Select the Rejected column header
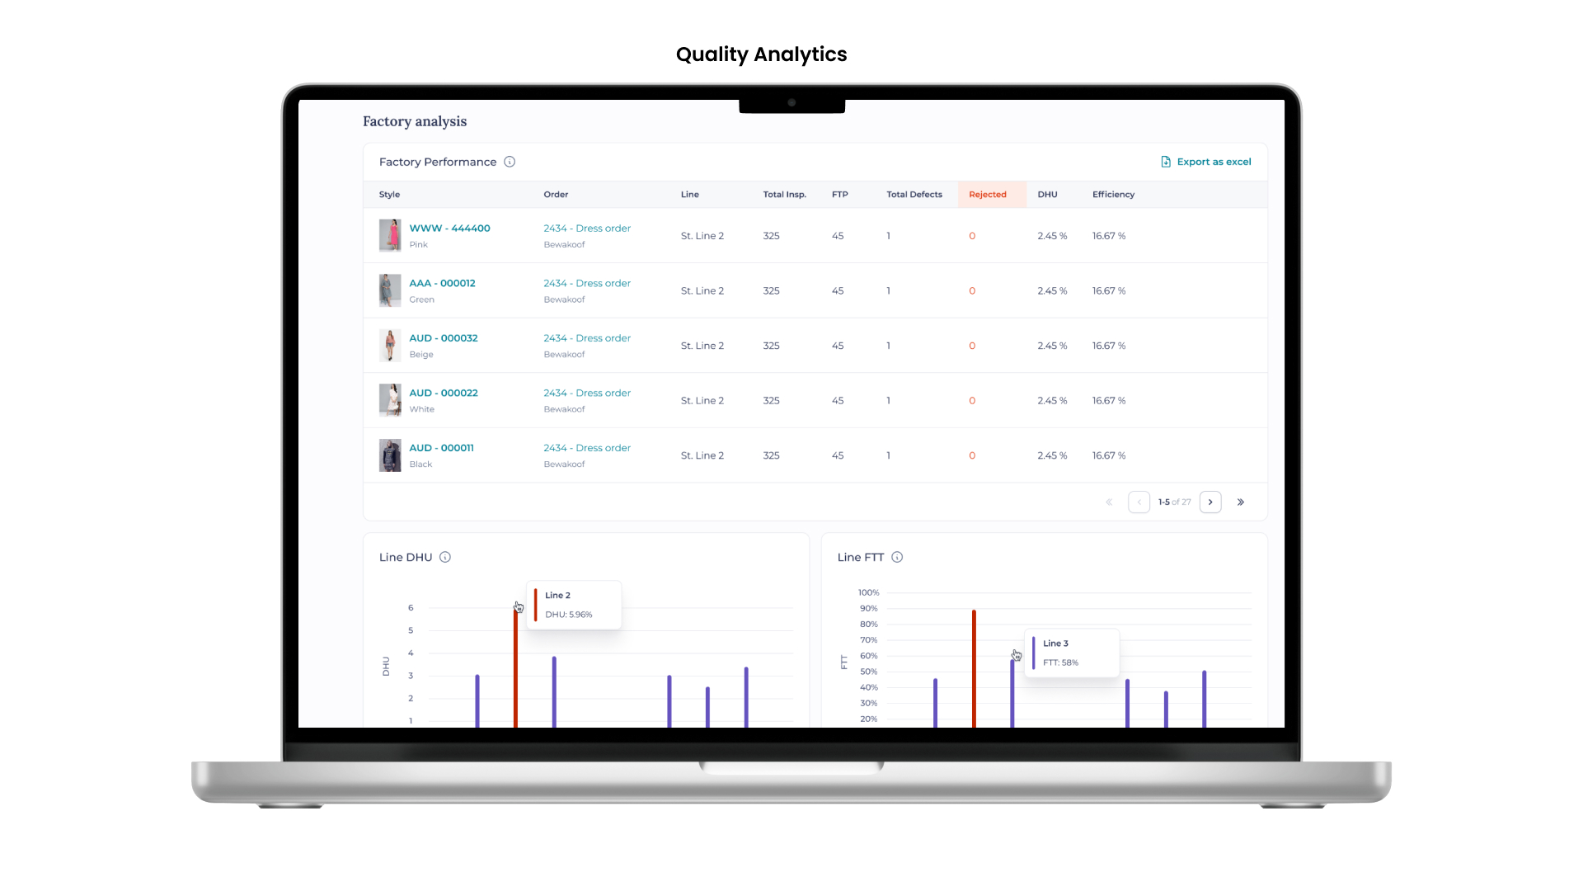pyautogui.click(x=987, y=195)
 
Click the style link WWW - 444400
pyautogui.click(x=449, y=229)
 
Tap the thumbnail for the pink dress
pyautogui.click(x=390, y=235)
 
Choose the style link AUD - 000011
pyautogui.click(x=441, y=448)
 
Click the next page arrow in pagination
pyautogui.click(x=1210, y=502)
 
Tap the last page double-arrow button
pyautogui.click(x=1240, y=502)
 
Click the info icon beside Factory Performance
pyautogui.click(x=510, y=162)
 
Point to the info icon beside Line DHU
pyautogui.click(x=445, y=557)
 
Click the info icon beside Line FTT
pyautogui.click(x=897, y=557)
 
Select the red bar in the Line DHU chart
pyautogui.click(x=515, y=668)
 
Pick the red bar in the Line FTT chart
pyautogui.click(x=974, y=668)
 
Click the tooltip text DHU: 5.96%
pyautogui.click(x=568, y=615)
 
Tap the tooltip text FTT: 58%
pyautogui.click(x=1060, y=662)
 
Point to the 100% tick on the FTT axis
pyautogui.click(x=868, y=592)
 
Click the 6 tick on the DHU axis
pyautogui.click(x=411, y=608)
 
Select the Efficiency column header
pyautogui.click(x=1113, y=195)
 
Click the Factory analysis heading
pyautogui.click(x=415, y=121)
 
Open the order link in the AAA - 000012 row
pyautogui.click(x=586, y=283)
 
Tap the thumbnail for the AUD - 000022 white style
pyautogui.click(x=390, y=400)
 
